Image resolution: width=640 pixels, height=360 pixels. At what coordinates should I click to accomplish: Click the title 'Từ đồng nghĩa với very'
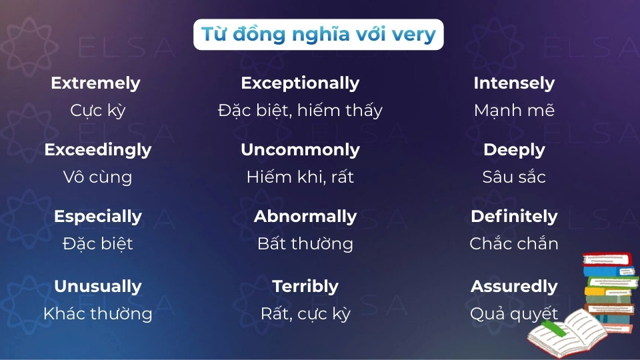(319, 34)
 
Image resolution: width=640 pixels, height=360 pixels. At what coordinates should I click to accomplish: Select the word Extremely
(95, 83)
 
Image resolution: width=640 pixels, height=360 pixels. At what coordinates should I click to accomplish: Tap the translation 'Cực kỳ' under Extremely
(98, 111)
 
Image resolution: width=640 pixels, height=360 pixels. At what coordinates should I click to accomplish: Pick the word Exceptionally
(300, 83)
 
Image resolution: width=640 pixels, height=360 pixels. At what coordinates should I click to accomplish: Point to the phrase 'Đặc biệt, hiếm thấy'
(300, 111)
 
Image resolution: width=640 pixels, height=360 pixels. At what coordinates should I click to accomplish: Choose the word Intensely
(514, 83)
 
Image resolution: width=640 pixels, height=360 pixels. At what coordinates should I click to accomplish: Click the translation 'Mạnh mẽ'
(514, 111)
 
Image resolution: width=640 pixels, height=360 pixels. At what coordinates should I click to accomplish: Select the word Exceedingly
(98, 150)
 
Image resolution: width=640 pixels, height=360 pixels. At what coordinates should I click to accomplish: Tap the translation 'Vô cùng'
(98, 177)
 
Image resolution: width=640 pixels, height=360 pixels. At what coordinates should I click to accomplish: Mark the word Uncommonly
(300, 150)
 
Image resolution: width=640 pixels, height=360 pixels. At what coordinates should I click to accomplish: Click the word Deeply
(514, 150)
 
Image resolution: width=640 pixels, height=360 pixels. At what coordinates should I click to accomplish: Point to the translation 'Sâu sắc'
(514, 177)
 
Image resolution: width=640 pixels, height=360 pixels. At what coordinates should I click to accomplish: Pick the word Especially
(98, 217)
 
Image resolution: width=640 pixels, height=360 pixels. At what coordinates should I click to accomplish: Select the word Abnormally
(305, 217)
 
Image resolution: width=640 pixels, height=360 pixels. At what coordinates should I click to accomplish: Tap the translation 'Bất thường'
(305, 244)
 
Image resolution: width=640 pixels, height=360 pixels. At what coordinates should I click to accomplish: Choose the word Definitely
(514, 217)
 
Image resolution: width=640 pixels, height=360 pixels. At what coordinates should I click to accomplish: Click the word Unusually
(98, 287)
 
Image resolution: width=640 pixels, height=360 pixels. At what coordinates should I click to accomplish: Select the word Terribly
(305, 287)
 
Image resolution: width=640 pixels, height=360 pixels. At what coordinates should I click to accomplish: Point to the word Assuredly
(514, 287)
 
